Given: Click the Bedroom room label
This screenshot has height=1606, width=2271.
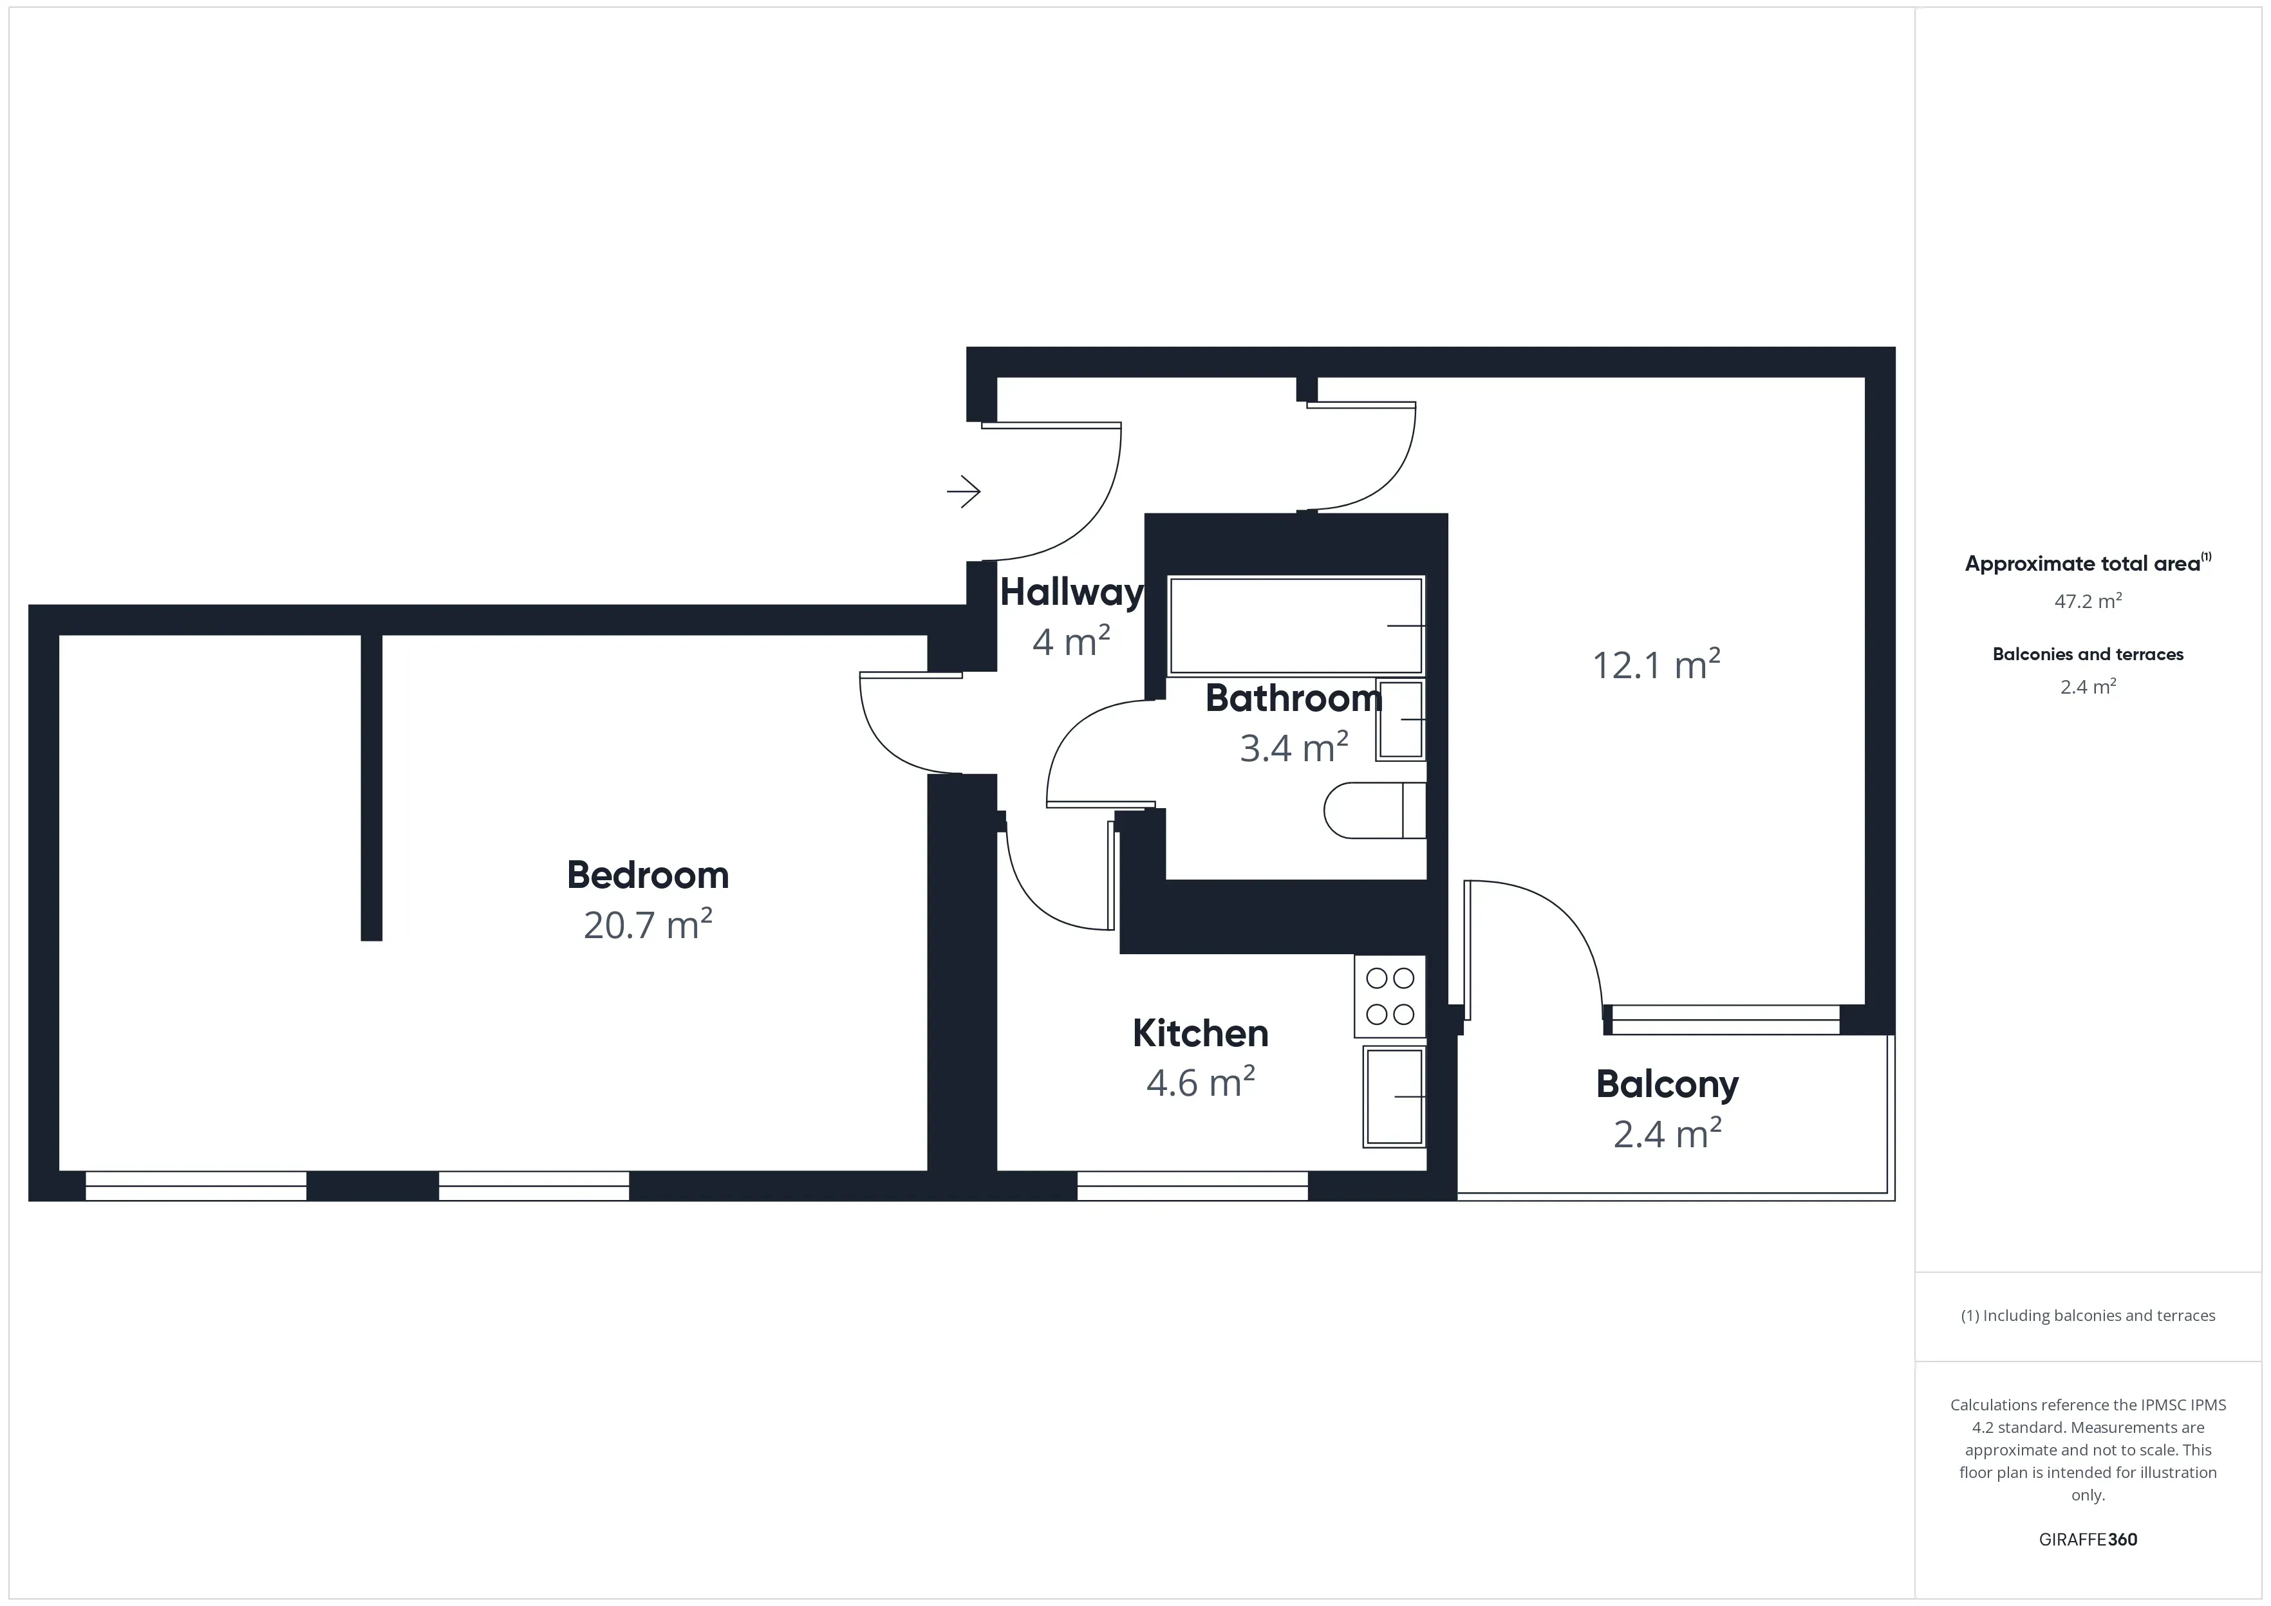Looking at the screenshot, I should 648,875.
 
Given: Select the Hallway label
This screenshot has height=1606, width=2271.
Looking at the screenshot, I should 1071,593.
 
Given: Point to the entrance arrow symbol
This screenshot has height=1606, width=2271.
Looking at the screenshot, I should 964,492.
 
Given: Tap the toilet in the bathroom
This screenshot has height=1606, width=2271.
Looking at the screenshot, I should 1375,811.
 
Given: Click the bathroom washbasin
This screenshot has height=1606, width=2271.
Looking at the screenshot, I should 1401,720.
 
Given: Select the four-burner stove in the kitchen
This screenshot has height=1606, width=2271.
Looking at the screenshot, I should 1390,996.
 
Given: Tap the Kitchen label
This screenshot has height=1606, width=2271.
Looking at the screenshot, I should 1201,1033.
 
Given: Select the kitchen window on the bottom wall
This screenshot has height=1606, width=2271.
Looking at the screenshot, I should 1192,1186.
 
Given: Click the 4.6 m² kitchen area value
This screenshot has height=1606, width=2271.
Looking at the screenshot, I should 1201,1083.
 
